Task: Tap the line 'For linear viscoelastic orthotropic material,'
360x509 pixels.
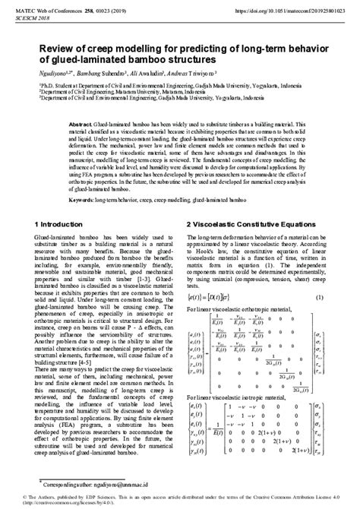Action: tap(239, 312)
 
